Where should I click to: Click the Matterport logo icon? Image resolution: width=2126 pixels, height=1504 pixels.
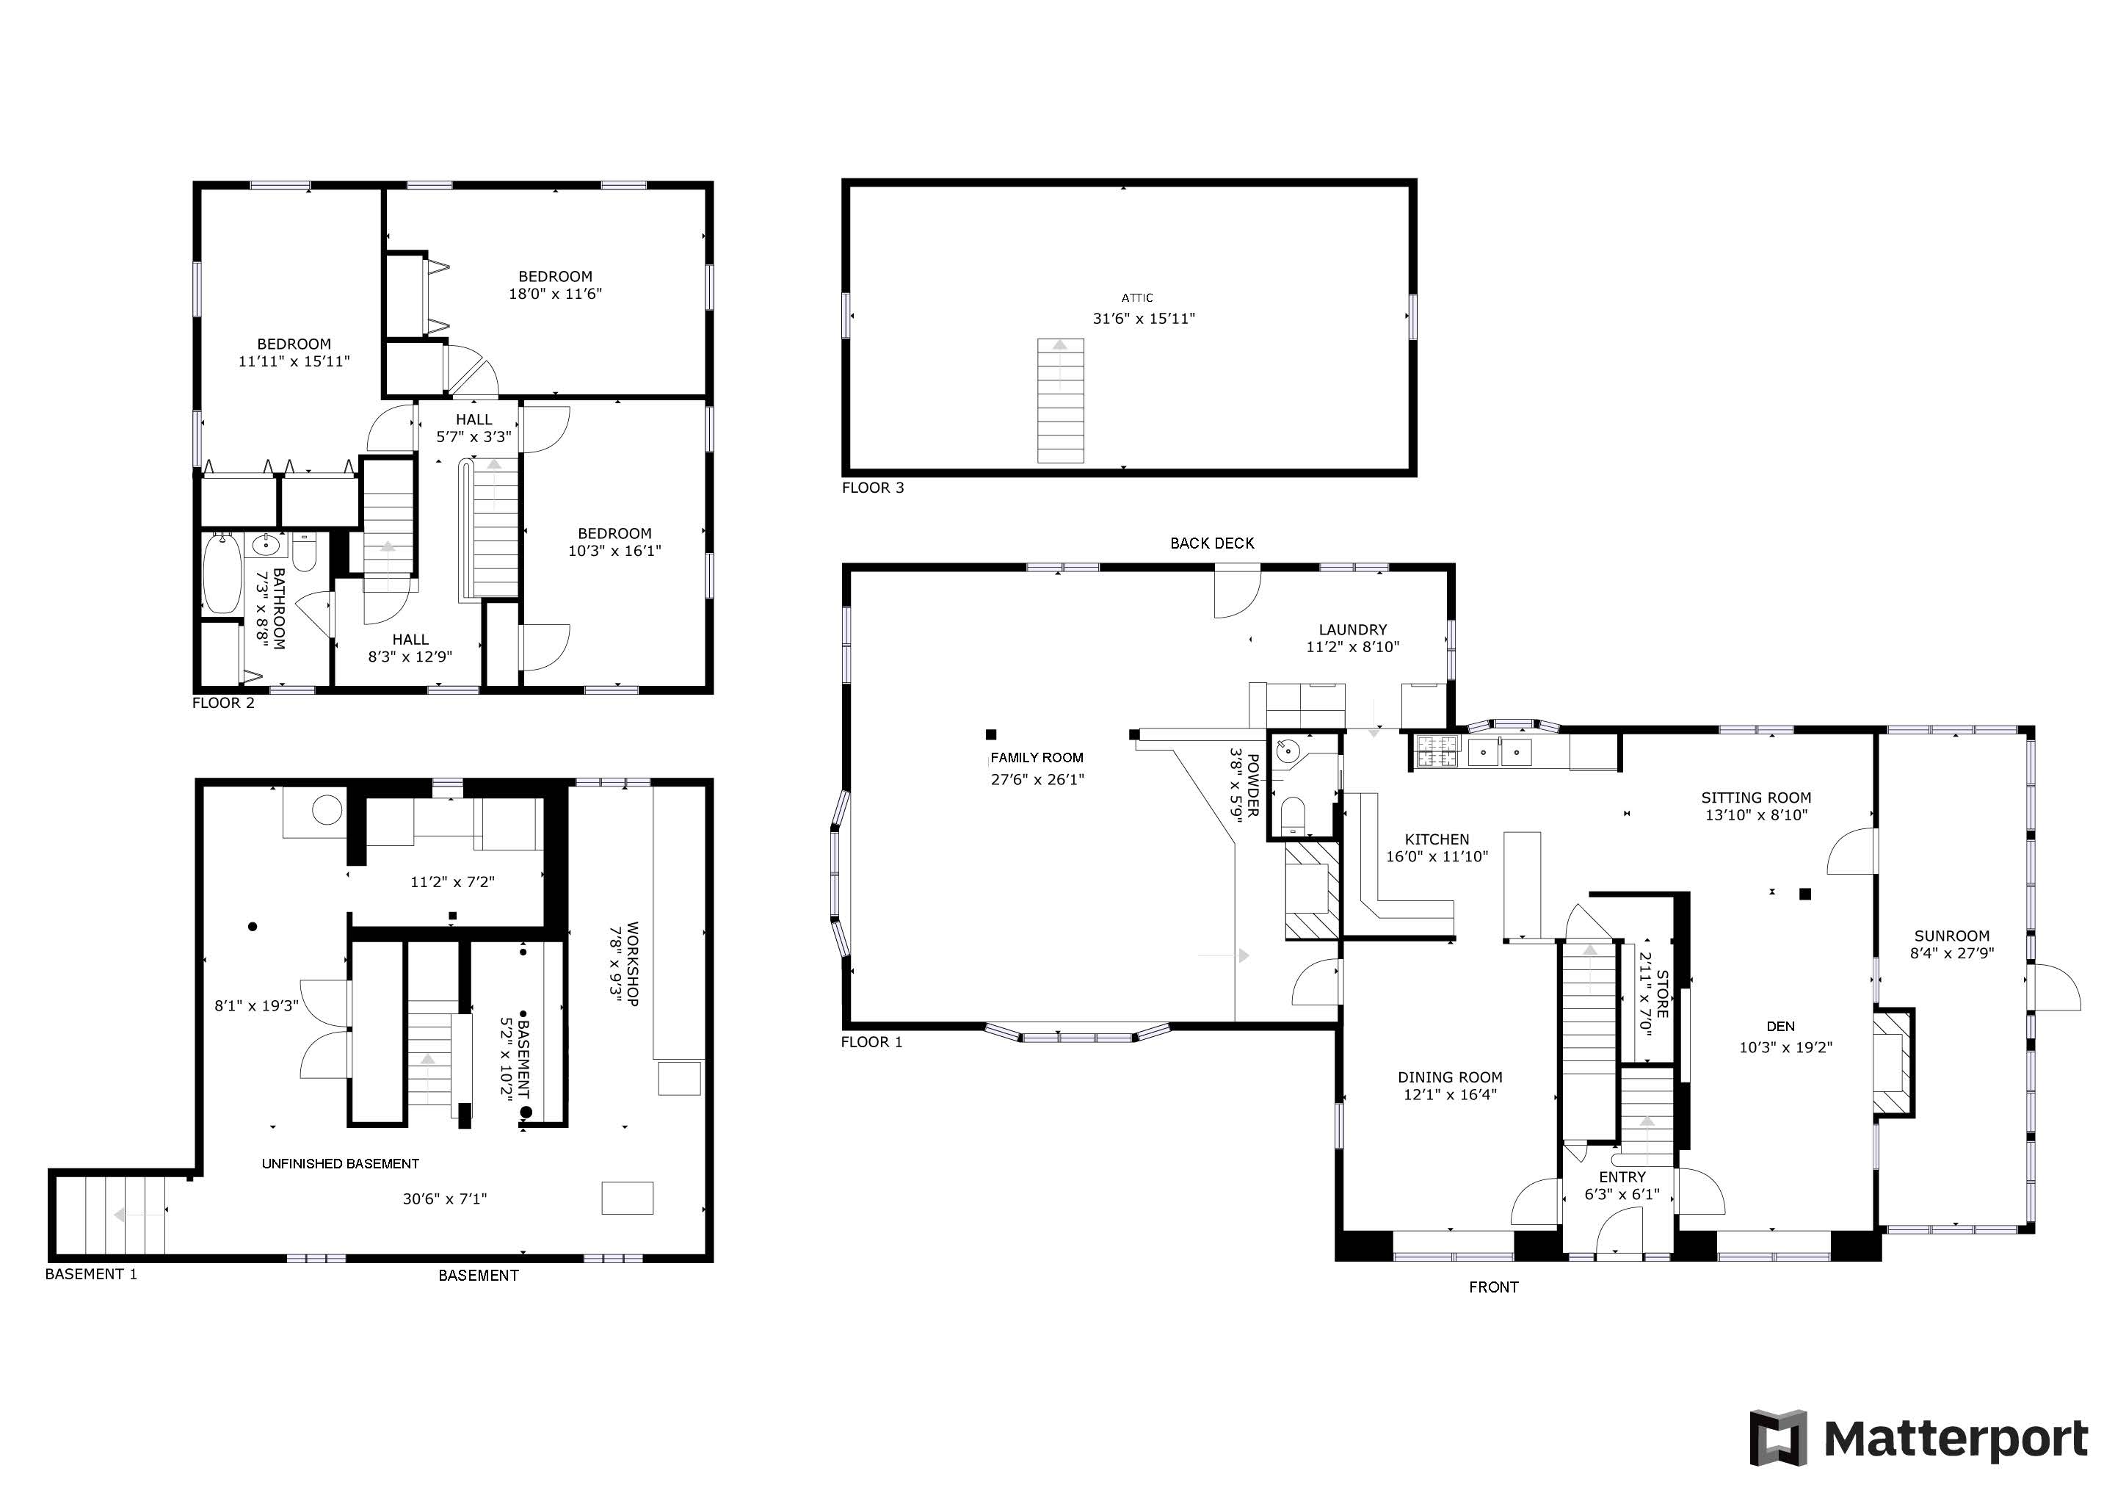pyautogui.click(x=1778, y=1438)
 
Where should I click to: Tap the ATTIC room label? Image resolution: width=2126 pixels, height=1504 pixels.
pyautogui.click(x=1137, y=298)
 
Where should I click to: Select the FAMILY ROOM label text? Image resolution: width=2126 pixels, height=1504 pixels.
pyautogui.click(x=1037, y=758)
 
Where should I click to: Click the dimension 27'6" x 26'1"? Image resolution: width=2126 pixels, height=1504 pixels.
pyautogui.click(x=1037, y=780)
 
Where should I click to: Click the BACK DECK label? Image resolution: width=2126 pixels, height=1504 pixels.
pyautogui.click(x=1212, y=543)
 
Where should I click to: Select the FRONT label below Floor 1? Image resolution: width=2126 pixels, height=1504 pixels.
pyautogui.click(x=1494, y=1287)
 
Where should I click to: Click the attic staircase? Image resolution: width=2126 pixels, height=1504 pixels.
pyautogui.click(x=1060, y=401)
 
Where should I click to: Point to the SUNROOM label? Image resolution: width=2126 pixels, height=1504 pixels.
pyautogui.click(x=1952, y=936)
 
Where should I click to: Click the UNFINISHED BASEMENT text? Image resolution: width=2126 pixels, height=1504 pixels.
pyautogui.click(x=341, y=1163)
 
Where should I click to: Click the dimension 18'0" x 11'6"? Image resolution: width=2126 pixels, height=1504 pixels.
pyautogui.click(x=556, y=294)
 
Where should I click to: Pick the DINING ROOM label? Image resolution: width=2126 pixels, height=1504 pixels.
pyautogui.click(x=1450, y=1077)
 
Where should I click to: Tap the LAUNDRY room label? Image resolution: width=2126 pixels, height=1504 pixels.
pyautogui.click(x=1353, y=630)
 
